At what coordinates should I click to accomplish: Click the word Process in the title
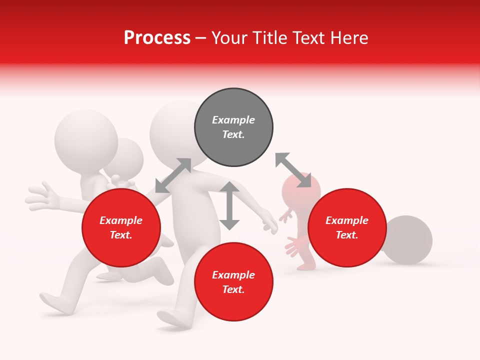coord(157,37)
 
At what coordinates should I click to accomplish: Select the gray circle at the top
coord(233,127)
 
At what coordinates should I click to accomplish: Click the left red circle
coord(121,227)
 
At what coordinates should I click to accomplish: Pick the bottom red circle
coord(233,282)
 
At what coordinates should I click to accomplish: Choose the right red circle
coord(347,227)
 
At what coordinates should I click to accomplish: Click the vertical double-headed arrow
coord(229,205)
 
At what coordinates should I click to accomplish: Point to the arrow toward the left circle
coord(173,175)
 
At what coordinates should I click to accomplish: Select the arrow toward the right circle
coord(293,170)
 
